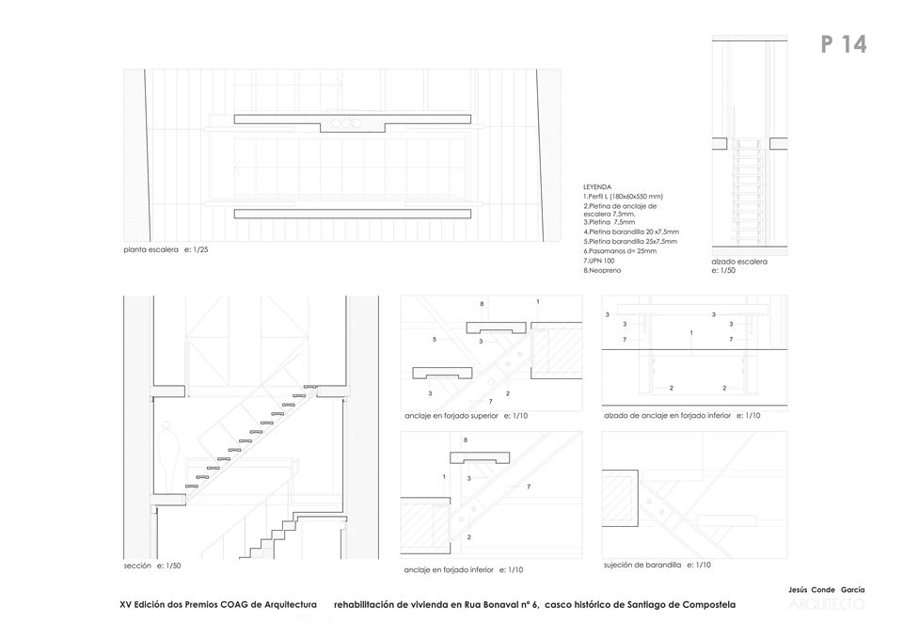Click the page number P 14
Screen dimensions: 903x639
tap(843, 44)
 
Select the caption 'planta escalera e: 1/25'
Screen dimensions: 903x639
tap(165, 250)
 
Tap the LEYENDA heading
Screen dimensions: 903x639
tap(597, 187)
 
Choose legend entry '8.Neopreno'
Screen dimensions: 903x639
tap(602, 270)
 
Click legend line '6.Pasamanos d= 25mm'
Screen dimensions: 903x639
tap(620, 251)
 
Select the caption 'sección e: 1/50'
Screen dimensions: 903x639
tap(151, 566)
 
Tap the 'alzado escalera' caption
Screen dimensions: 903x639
tap(739, 261)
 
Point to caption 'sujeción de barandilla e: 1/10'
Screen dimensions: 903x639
tap(657, 565)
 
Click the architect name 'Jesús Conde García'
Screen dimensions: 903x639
tap(826, 589)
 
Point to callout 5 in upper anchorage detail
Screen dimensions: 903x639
tap(434, 339)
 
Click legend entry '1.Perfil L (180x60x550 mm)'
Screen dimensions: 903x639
tap(624, 196)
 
